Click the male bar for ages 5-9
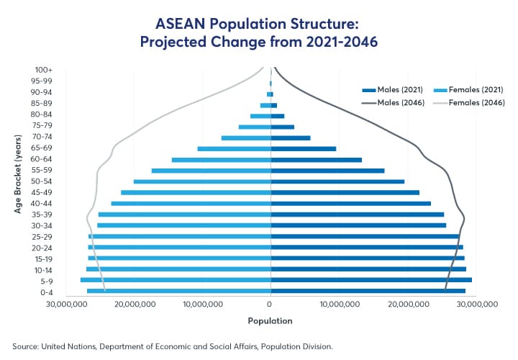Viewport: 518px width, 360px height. click(371, 280)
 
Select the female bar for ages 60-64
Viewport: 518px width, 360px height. click(222, 160)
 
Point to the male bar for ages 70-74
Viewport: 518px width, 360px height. click(291, 138)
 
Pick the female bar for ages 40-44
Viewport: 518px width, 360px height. click(191, 204)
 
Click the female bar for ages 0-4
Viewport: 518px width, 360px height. click(179, 291)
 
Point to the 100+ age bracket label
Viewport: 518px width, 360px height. click(42, 70)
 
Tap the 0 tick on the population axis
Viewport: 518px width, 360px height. click(271, 305)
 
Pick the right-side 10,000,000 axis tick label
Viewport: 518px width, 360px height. click(339, 305)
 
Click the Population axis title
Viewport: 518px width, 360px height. click(271, 320)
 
